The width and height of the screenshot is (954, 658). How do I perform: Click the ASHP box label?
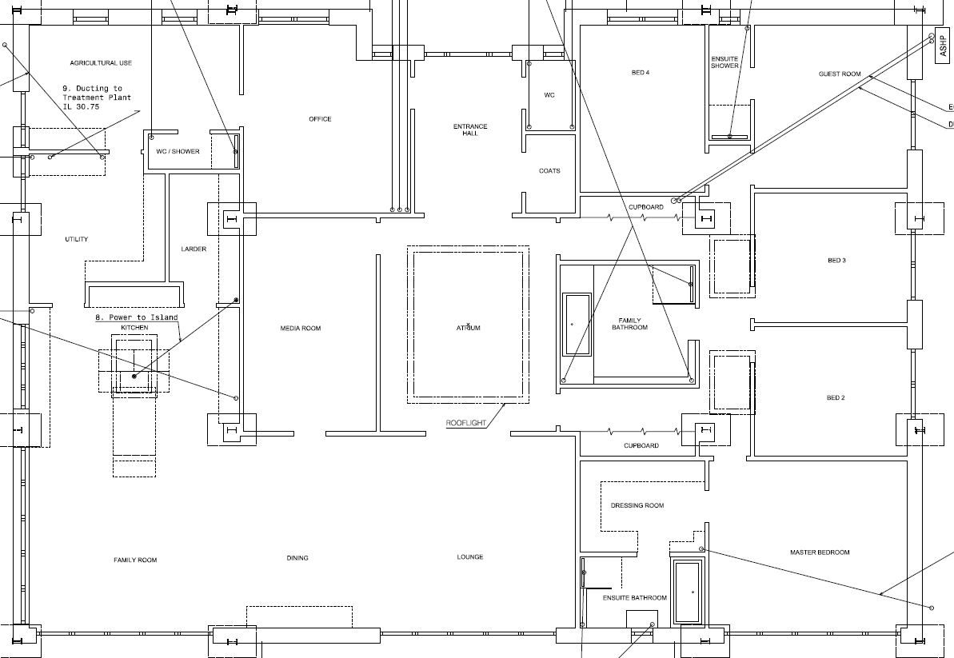944,45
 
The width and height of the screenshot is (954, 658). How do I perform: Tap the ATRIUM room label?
468,328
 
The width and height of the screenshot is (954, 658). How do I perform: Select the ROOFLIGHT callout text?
466,423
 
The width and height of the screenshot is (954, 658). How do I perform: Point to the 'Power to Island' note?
136,317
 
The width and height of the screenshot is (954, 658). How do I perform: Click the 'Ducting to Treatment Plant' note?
97,98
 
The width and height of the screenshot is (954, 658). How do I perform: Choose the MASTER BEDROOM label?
820,552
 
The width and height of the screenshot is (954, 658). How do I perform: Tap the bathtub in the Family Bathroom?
577,325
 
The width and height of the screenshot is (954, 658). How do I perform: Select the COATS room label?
549,171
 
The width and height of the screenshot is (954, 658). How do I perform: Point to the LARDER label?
194,249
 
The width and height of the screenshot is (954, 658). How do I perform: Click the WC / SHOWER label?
178,151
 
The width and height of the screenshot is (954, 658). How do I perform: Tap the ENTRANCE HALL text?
470,130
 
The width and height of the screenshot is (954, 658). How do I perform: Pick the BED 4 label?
640,73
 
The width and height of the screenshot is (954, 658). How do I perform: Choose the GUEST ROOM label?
840,74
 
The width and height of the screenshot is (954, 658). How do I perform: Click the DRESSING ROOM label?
637,505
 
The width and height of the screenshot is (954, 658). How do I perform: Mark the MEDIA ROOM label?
301,329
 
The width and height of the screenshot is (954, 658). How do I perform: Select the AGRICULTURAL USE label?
101,62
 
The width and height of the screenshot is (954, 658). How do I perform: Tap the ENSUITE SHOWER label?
724,62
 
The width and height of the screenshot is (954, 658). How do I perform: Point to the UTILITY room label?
77,239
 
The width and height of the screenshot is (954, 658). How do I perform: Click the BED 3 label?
836,261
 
